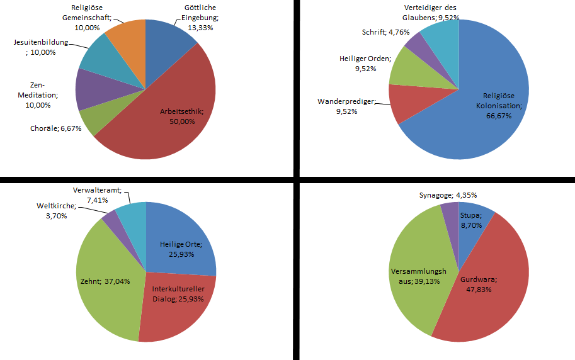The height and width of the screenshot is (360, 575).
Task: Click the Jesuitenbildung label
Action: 42,47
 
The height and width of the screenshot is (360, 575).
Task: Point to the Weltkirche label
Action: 56,210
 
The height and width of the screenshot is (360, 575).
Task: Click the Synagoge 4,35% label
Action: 443,195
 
